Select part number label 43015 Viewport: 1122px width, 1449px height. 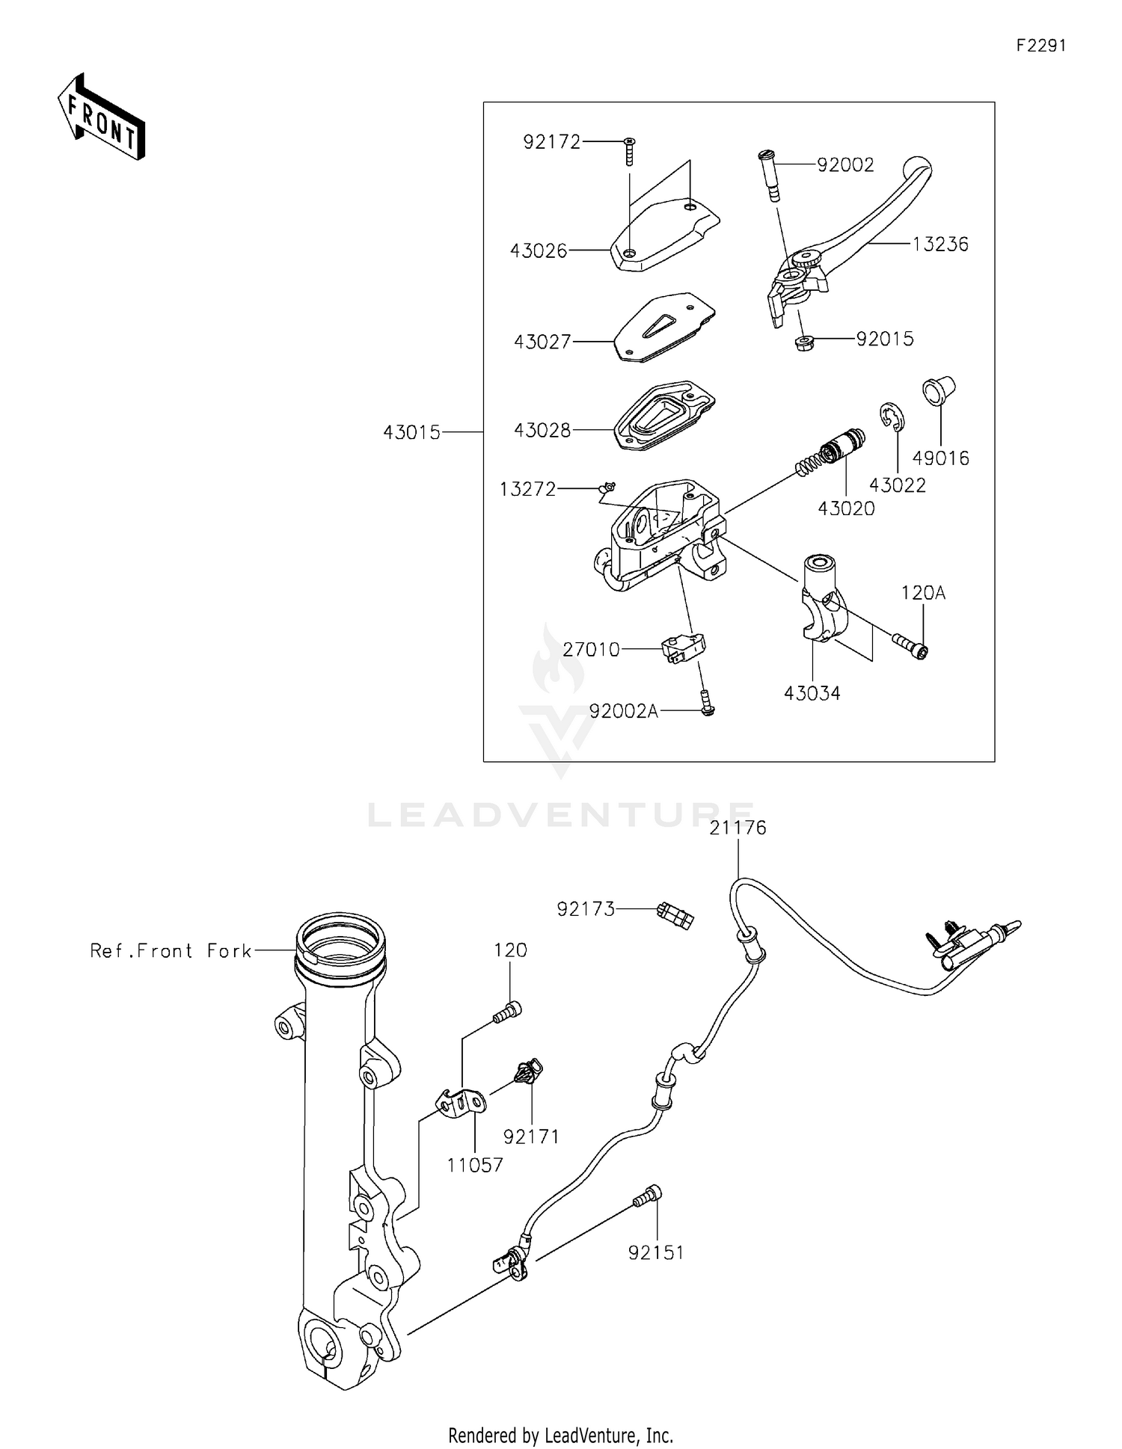coord(411,432)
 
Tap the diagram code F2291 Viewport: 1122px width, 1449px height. coord(1040,46)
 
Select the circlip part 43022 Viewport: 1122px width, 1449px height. coord(891,418)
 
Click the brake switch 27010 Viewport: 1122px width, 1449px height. coord(684,647)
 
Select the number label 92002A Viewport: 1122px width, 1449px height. coord(623,712)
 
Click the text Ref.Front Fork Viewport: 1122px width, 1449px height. coord(171,950)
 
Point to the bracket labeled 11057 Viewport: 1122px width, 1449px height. coord(461,1104)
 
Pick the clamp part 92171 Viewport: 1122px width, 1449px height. coord(529,1072)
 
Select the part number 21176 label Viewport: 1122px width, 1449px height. coord(738,828)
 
